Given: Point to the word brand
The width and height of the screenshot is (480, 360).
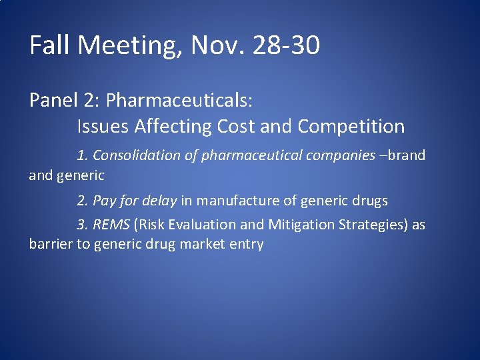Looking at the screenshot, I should coord(406,155).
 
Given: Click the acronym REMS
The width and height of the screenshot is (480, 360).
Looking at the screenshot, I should coord(111,225).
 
